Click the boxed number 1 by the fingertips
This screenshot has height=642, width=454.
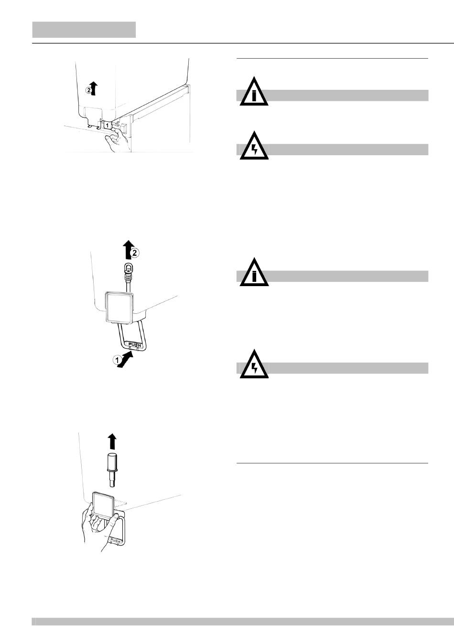click(x=108, y=124)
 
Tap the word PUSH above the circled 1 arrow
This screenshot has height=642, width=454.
click(x=132, y=343)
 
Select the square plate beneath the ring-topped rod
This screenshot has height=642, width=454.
click(x=119, y=307)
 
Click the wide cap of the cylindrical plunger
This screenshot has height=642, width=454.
click(x=112, y=461)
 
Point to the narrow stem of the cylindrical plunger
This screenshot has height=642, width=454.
click(x=112, y=479)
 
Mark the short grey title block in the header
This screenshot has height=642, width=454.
click(x=84, y=30)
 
